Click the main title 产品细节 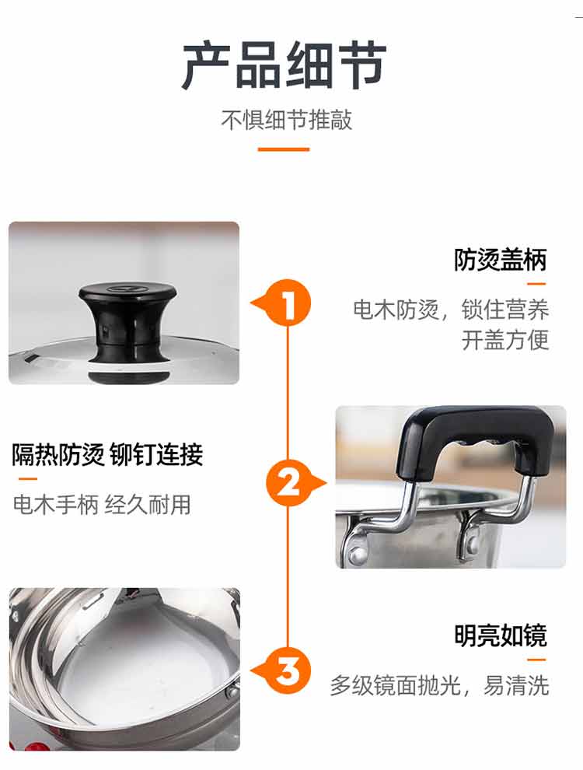285,65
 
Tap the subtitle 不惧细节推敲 287,120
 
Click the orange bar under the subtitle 284,149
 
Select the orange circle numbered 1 288,303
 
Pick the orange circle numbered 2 289,483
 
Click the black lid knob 127,322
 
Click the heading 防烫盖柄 500,260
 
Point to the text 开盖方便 505,340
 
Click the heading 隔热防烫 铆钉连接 107,454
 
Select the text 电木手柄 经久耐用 102,504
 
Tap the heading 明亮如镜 500,635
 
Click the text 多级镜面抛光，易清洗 440,685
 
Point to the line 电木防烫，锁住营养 451,310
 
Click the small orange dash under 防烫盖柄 536,284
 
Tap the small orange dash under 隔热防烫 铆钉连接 27,478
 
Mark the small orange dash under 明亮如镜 536,660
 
